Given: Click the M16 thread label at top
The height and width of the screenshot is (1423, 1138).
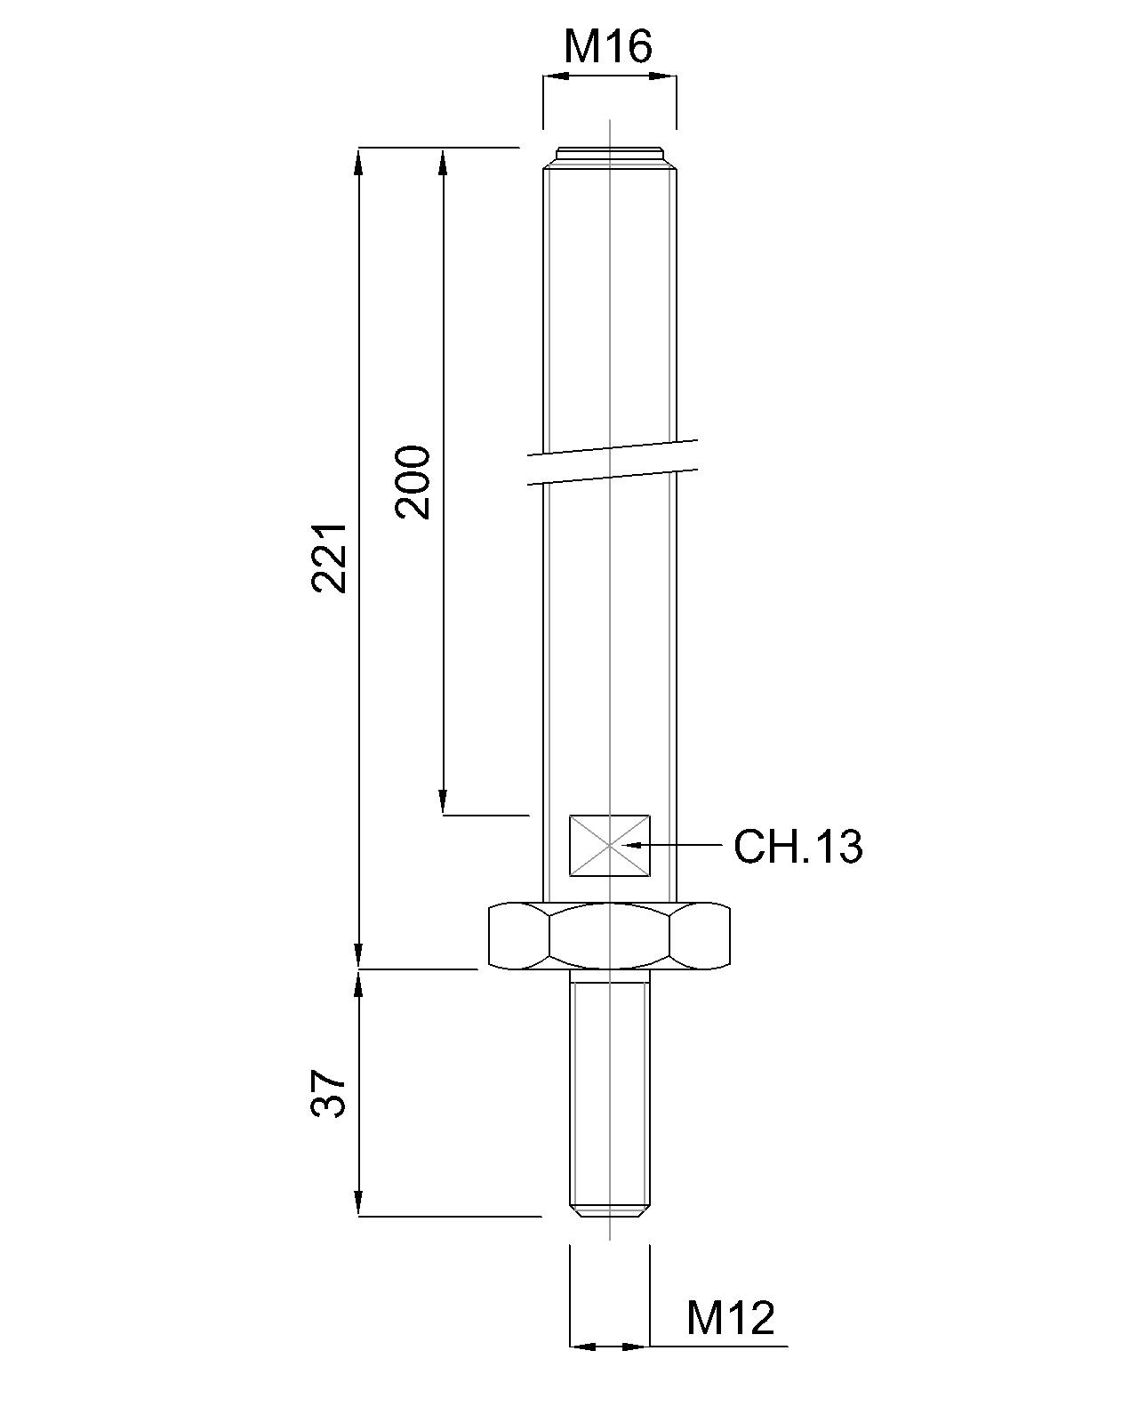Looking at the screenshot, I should click(x=608, y=46).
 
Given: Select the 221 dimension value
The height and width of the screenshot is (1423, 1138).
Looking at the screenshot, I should click(x=329, y=558).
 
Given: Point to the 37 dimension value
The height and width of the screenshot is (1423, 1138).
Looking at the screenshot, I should click(x=329, y=1093).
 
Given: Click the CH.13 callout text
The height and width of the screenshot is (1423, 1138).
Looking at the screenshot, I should click(x=797, y=847).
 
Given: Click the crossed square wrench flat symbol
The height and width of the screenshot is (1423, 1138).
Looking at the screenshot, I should click(x=610, y=845).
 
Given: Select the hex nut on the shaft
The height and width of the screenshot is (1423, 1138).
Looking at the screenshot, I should click(x=610, y=936).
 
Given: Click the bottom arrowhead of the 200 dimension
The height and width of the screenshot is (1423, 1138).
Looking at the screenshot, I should click(x=442, y=801).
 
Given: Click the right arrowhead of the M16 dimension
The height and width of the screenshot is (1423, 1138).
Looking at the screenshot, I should click(x=663, y=76).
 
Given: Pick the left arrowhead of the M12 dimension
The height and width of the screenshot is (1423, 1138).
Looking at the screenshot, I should click(x=581, y=1347).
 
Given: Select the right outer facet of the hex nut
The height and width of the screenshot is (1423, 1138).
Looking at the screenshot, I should click(x=702, y=936).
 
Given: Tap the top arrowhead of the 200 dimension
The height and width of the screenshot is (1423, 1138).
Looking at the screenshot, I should click(x=442, y=160).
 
